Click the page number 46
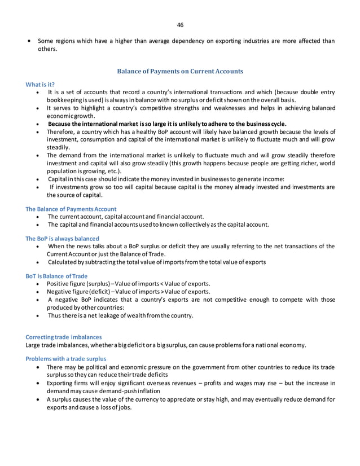coord(180,25)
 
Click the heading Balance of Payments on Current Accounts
coord(179,72)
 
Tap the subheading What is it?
coord(40,85)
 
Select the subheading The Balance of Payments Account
coord(71,209)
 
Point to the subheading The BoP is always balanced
coord(62,239)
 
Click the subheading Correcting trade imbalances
coord(64,337)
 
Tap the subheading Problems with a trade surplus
coord(67,359)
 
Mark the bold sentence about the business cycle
coord(167,124)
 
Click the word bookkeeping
coord(65,100)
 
